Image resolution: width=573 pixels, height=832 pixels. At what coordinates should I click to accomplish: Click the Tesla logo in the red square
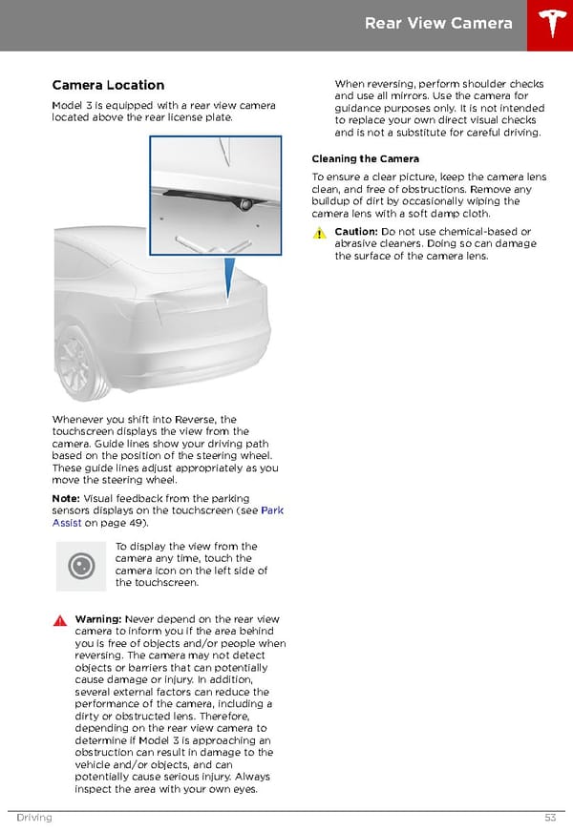552,23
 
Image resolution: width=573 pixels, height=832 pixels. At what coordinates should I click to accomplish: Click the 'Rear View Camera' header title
438,23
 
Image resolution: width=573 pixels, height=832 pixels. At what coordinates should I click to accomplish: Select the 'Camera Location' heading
108,85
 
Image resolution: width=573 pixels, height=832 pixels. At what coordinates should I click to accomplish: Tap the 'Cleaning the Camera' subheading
366,158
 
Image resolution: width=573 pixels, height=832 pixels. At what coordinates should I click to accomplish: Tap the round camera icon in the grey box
81,566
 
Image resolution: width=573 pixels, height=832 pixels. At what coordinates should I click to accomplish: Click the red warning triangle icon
60,620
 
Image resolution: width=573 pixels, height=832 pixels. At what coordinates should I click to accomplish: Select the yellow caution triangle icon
319,233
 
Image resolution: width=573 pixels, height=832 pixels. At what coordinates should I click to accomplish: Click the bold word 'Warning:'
98,619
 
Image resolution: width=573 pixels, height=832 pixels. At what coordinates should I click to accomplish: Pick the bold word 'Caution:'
356,231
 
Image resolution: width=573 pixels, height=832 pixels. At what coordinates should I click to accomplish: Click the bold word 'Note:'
66,498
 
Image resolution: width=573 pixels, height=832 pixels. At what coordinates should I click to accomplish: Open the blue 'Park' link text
272,510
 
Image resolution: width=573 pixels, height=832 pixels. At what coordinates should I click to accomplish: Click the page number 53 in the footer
550,817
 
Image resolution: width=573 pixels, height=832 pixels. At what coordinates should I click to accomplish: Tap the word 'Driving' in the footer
34,817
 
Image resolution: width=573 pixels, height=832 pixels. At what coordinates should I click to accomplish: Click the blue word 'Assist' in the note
67,523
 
